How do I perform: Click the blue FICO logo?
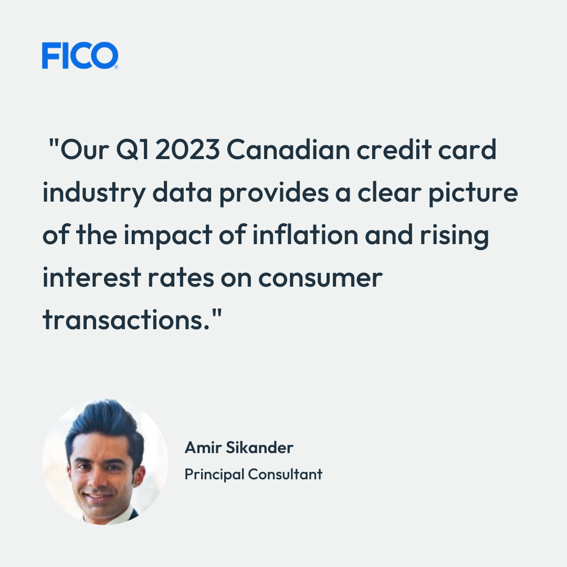click(x=80, y=55)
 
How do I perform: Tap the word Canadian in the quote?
click(x=288, y=149)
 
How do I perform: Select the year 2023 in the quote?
click(x=187, y=149)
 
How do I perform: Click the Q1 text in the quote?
click(x=132, y=149)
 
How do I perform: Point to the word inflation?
click(x=305, y=234)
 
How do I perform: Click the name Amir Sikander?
click(x=239, y=447)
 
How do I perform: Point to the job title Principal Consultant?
click(x=253, y=474)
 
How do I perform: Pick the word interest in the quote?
click(x=91, y=277)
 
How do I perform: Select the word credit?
click(x=394, y=149)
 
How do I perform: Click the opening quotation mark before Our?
click(x=54, y=143)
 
